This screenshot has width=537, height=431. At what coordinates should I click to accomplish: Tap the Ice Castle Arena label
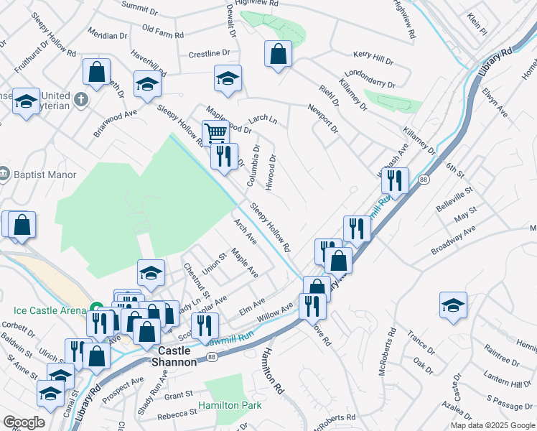[x=49, y=311]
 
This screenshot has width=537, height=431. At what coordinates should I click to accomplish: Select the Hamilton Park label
[x=230, y=406]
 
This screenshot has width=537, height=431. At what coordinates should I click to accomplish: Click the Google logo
[x=24, y=422]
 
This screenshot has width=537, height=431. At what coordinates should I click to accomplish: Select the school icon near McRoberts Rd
[x=453, y=305]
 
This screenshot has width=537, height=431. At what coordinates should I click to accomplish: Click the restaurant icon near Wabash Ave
[x=395, y=180]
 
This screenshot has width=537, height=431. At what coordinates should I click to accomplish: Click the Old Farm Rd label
[x=162, y=30]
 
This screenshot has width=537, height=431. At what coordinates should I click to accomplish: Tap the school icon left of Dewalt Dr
[x=228, y=78]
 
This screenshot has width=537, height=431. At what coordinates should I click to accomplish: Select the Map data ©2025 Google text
[x=493, y=425]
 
